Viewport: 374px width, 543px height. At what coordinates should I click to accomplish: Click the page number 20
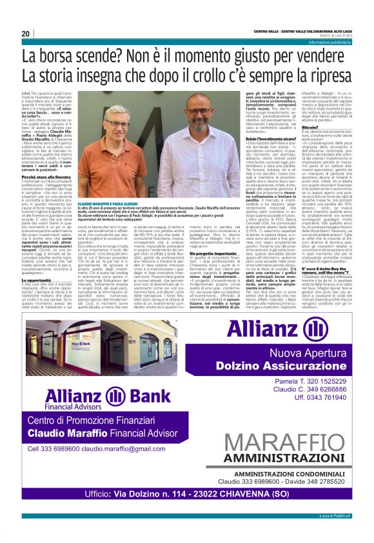click(x=26, y=33)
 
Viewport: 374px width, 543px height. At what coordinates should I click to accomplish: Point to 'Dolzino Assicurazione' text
click(x=291, y=367)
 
